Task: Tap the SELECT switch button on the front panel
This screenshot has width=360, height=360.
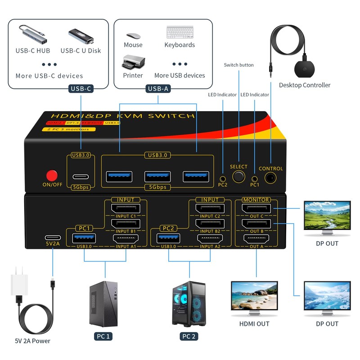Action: point(238,176)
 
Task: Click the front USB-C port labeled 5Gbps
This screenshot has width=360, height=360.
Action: point(81,176)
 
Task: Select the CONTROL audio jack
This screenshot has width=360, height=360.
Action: point(270,177)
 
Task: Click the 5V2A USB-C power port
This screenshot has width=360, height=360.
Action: point(52,238)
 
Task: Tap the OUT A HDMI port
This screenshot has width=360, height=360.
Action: point(256,239)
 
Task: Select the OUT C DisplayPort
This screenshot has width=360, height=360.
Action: point(256,209)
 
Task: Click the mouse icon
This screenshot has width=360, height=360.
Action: point(133,35)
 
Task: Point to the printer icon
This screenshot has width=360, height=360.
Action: point(133,63)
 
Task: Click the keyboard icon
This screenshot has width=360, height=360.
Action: point(180,32)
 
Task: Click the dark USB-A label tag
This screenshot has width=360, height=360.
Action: point(158,89)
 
